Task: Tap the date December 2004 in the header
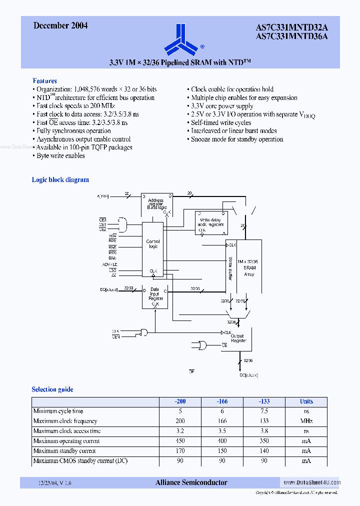60,25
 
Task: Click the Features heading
44,80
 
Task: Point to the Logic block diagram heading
60,179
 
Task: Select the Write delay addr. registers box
210,222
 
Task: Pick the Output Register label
238,337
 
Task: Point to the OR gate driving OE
203,345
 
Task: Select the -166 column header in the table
222,401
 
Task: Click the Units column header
306,401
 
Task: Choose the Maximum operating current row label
66,441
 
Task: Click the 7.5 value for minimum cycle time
264,411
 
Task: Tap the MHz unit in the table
306,421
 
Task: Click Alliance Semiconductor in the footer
191,482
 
